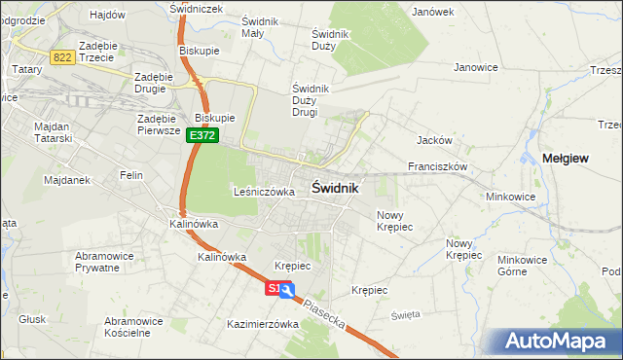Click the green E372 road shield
pyautogui.click(x=202, y=137)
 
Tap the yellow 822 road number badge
pyautogui.click(x=63, y=58)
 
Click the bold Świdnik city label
pyautogui.click(x=336, y=188)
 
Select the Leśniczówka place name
pyautogui.click(x=264, y=192)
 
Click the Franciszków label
pyautogui.click(x=438, y=166)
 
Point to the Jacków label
pyautogui.click(x=431, y=139)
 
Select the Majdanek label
pyautogui.click(x=40, y=180)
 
